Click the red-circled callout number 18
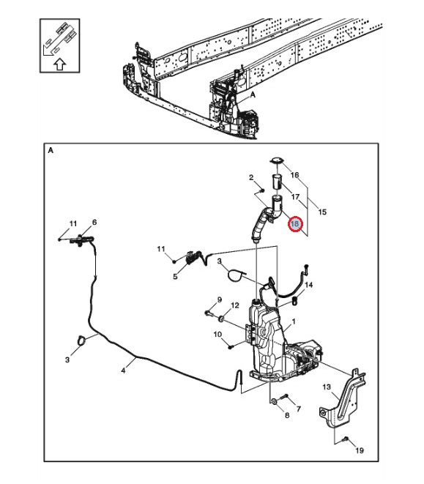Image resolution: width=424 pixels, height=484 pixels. click(x=295, y=223)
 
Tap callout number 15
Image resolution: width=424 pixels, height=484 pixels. click(x=322, y=212)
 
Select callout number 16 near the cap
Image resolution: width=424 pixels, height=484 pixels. click(x=295, y=175)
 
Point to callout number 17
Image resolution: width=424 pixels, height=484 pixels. click(x=296, y=197)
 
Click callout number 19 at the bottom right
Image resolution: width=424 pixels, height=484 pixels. click(x=360, y=450)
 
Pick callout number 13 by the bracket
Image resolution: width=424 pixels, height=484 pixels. click(x=327, y=387)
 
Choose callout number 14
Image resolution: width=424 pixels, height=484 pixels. click(x=308, y=285)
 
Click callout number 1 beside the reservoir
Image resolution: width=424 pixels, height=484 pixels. click(x=294, y=321)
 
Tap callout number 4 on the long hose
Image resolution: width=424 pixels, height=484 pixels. click(x=123, y=371)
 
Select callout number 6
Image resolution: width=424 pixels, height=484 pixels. click(x=94, y=222)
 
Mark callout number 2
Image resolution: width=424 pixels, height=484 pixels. click(x=251, y=177)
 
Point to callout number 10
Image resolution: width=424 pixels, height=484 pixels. click(x=217, y=334)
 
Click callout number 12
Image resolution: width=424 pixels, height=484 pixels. click(x=235, y=305)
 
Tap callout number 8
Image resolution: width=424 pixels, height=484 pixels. click(x=287, y=415)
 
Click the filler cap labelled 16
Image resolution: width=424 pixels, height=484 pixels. click(x=276, y=160)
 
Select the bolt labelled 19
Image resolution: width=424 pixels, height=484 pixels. click(x=346, y=439)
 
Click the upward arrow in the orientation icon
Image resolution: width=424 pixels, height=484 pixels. click(x=60, y=64)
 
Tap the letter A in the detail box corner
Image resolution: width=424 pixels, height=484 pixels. click(x=51, y=151)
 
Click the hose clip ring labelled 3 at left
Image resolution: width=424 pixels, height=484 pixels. click(x=81, y=340)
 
